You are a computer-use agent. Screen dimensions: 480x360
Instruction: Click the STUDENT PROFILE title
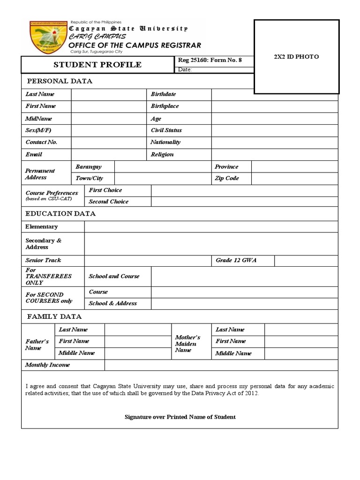[x=97, y=65]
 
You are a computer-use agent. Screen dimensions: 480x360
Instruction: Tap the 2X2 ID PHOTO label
[x=296, y=57]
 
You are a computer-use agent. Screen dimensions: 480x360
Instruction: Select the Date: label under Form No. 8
[x=185, y=70]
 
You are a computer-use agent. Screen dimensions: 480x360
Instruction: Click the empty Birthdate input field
[x=274, y=94]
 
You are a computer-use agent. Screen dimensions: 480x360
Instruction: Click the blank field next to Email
[x=108, y=154]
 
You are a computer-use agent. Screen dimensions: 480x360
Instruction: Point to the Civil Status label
[x=166, y=130]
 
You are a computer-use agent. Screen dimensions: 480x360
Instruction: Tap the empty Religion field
[x=274, y=154]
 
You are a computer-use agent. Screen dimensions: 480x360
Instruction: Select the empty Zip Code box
[x=294, y=179]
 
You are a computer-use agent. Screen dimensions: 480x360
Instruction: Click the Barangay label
[x=89, y=167]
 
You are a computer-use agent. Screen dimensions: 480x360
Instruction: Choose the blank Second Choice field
[x=244, y=202]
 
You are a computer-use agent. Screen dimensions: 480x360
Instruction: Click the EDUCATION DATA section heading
[x=60, y=214]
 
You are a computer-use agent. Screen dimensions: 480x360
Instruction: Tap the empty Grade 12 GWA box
[x=306, y=261]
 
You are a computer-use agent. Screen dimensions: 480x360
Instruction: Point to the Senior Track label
[x=43, y=260]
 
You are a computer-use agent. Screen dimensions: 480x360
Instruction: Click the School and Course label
[x=114, y=277]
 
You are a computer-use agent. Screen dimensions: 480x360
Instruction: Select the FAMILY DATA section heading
[x=54, y=317]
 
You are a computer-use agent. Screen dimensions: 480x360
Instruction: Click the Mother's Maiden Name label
[x=187, y=344]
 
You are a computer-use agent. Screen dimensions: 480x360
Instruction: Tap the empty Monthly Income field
[x=221, y=365]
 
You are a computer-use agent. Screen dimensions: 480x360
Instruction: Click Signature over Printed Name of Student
[x=180, y=417]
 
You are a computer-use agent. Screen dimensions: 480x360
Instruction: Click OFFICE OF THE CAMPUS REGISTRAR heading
[x=135, y=45]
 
